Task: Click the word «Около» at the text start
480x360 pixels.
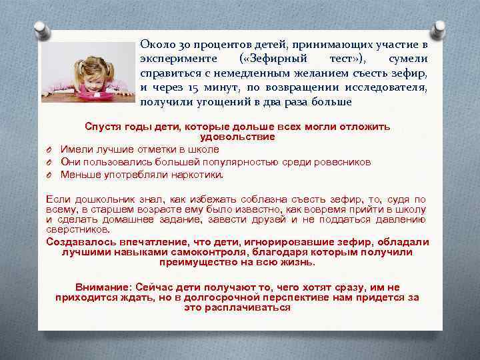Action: pyautogui.click(x=155, y=44)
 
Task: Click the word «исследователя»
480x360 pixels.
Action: pyautogui.click(x=386, y=87)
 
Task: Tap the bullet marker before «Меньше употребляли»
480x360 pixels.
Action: pyautogui.click(x=50, y=175)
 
